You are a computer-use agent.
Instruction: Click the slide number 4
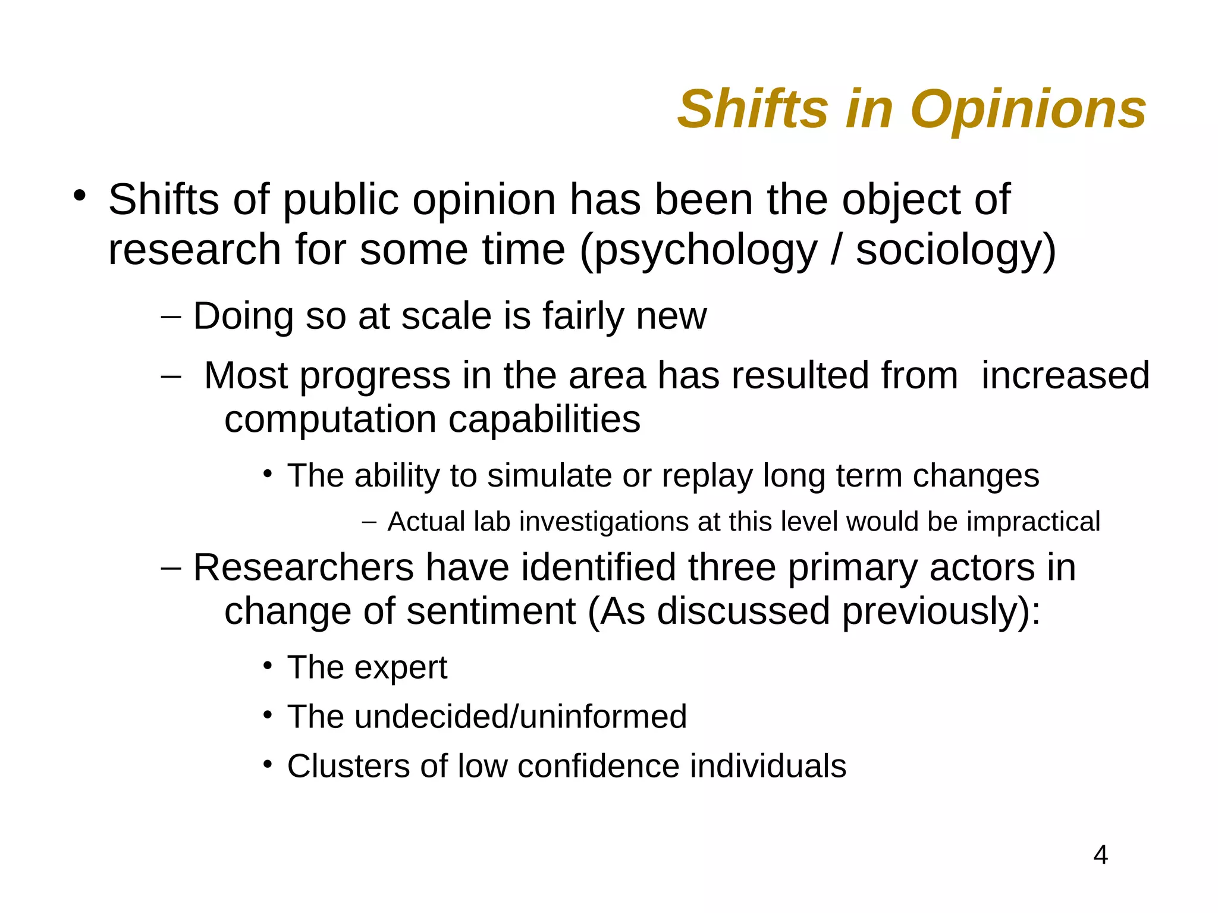[1100, 855]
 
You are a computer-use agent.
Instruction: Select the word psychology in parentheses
[699, 250]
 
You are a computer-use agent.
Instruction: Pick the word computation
[330, 420]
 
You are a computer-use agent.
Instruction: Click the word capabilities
[544, 420]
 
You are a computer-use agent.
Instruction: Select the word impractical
[1033, 522]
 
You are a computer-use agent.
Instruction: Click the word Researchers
[303, 567]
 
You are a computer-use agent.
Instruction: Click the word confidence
[598, 766]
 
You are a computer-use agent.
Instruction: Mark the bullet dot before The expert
[268, 665]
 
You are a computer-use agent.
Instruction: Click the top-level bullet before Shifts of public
[79, 196]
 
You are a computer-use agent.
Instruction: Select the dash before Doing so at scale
[170, 317]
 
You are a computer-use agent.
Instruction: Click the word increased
[1065, 376]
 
